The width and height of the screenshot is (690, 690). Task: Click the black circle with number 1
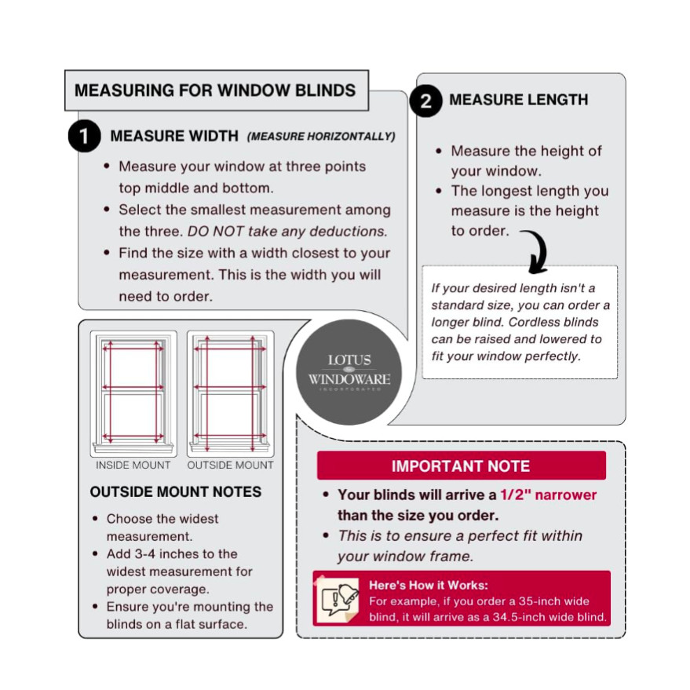click(x=85, y=136)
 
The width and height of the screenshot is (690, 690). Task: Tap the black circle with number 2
click(x=426, y=100)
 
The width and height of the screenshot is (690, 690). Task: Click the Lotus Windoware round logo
click(x=349, y=372)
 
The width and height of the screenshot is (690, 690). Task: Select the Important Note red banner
click(x=461, y=465)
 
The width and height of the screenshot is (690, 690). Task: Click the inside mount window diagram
click(x=133, y=394)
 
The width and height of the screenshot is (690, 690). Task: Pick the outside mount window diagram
click(x=230, y=394)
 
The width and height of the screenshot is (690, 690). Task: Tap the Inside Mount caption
click(x=133, y=465)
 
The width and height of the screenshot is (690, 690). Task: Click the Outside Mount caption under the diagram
click(x=230, y=465)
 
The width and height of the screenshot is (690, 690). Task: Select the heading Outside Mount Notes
click(x=176, y=491)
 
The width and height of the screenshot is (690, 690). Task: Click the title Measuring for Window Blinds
click(x=215, y=90)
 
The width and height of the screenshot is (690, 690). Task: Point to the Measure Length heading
click(x=518, y=100)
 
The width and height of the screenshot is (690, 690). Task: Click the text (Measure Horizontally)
click(x=321, y=137)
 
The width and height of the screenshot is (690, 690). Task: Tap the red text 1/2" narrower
click(x=548, y=495)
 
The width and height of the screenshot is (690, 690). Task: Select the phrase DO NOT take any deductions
click(x=287, y=231)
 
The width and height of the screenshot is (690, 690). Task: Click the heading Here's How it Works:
click(x=429, y=586)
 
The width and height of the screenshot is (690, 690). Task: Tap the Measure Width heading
click(x=174, y=136)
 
